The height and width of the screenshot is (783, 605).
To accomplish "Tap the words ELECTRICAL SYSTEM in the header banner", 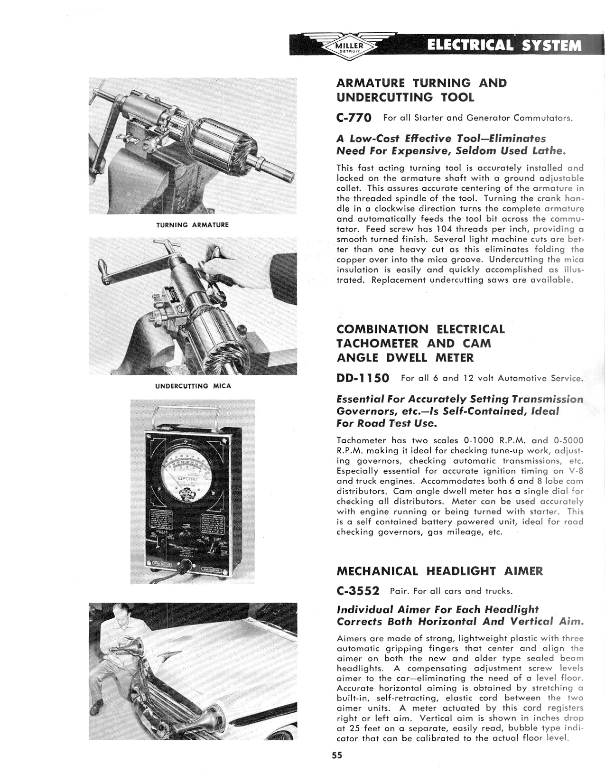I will (504, 46).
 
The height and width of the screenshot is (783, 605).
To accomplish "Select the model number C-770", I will (354, 117).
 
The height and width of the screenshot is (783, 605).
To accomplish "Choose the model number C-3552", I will (358, 591).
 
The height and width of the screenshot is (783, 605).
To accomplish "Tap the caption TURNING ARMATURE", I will (193, 225).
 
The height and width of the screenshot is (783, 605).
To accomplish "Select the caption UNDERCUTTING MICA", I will (193, 386).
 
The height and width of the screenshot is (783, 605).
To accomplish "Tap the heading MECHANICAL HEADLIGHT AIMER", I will (439, 571).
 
